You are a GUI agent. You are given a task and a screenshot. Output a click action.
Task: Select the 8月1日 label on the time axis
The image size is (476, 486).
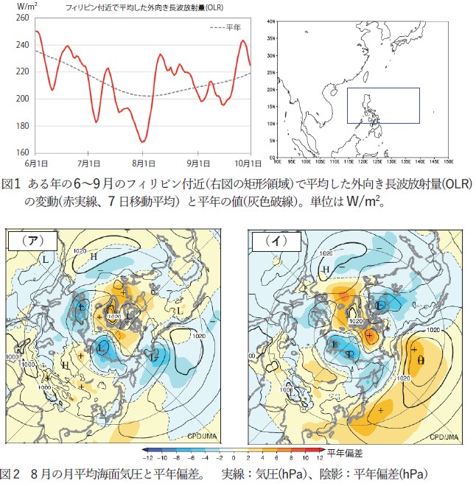click(x=144, y=162)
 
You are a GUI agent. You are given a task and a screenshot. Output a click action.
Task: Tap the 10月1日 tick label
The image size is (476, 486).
click(x=250, y=162)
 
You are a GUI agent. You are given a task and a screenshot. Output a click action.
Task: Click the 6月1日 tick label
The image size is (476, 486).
click(x=36, y=162)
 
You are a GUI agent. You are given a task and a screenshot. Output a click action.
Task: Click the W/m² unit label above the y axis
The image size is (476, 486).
click(x=16, y=7)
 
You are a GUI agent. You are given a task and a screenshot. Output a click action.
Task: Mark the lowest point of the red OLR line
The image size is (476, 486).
click(x=143, y=141)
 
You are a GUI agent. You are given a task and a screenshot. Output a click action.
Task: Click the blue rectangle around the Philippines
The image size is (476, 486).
click(x=383, y=105)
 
